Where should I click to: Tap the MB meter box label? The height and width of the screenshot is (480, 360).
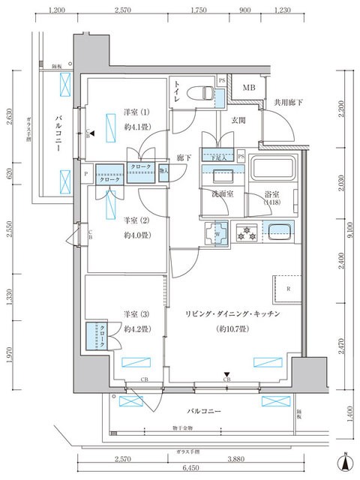pos(247,89)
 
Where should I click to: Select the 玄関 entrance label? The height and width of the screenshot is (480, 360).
pos(238,120)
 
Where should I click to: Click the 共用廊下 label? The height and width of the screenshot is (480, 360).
pos(288,103)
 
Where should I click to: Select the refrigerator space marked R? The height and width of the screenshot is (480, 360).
pos(288,287)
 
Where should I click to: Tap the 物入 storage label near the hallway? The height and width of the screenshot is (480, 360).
pos(163,172)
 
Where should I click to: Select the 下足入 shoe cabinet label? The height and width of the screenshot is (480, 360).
pos(219,157)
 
